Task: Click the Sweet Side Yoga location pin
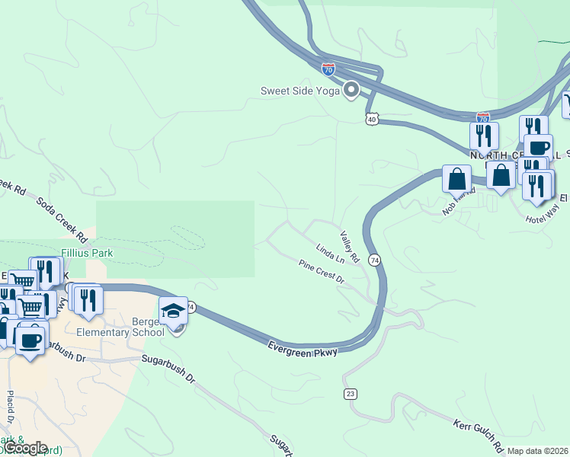pos(351,91)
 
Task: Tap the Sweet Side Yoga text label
pos(300,91)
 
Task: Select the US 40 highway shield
pos(371,119)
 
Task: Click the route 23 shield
pos(351,393)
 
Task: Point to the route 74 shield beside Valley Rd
pos(374,260)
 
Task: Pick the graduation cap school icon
pos(173,311)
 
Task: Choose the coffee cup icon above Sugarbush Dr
pos(30,339)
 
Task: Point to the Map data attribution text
pos(538,451)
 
